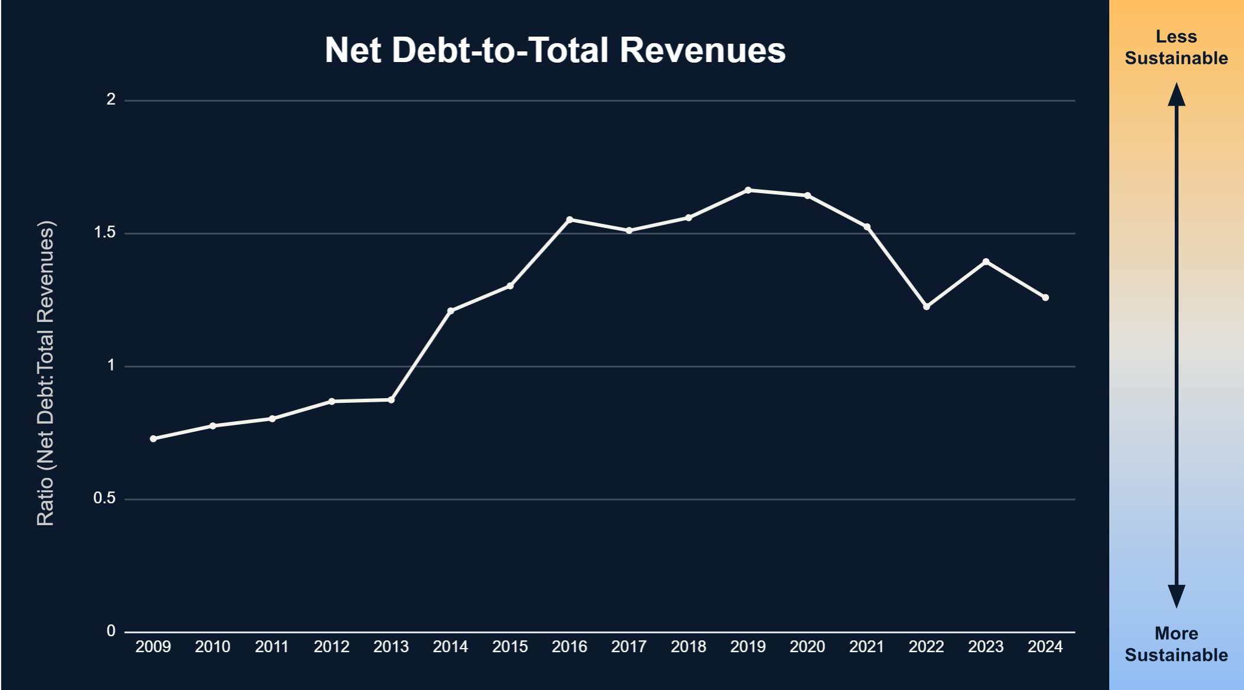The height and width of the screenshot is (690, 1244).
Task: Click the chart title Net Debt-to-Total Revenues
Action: click(555, 50)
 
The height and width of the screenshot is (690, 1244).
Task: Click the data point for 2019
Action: click(748, 190)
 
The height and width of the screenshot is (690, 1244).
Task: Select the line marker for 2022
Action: click(926, 307)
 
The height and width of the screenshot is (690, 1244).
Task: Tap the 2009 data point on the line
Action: click(154, 439)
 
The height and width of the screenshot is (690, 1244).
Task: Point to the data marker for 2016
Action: click(570, 220)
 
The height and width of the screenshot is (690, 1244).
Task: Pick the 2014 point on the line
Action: click(450, 311)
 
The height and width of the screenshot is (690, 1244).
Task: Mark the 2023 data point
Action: click(986, 262)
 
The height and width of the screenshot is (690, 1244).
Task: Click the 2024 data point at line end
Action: click(1045, 298)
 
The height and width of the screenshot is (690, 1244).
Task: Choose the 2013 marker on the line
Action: click(391, 400)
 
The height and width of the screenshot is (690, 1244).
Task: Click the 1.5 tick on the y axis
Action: click(105, 233)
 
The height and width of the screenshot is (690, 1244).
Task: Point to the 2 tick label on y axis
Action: click(111, 99)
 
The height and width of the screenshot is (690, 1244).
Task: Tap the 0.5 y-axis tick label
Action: click(105, 499)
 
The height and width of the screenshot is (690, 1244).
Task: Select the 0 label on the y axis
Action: click(111, 632)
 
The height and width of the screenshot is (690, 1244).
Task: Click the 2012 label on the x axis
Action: click(332, 647)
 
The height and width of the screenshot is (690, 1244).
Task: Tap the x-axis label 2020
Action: click(807, 647)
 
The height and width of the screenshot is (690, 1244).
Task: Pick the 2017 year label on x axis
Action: click(629, 647)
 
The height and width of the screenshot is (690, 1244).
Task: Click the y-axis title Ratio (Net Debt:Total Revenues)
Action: click(46, 373)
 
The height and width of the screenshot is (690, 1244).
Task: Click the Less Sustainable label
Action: click(1176, 47)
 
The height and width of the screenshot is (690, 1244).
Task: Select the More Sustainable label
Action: click(1176, 644)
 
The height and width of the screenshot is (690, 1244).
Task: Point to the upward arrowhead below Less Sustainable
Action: click(1177, 95)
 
